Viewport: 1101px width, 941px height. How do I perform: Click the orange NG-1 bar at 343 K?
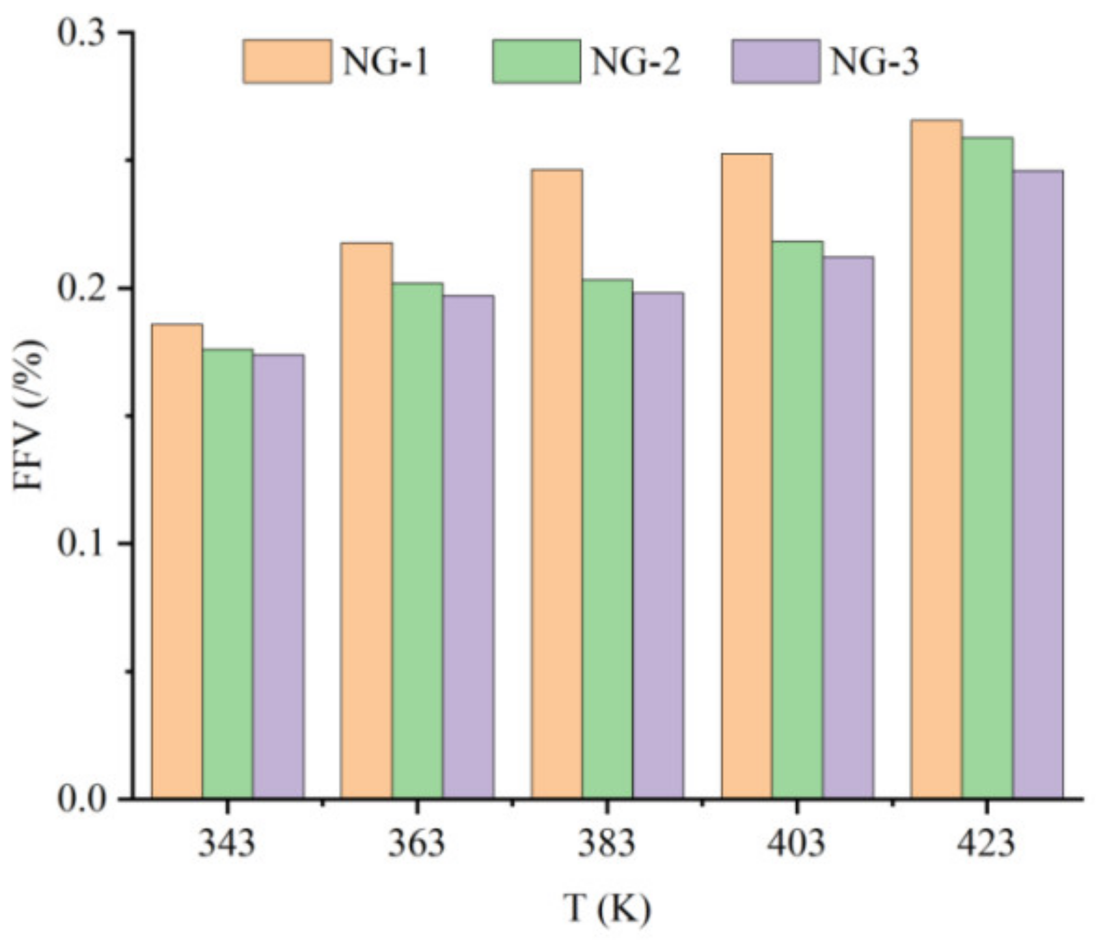[177, 560]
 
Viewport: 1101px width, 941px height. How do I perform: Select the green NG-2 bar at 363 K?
[418, 540]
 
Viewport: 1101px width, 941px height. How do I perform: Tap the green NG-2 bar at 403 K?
[798, 519]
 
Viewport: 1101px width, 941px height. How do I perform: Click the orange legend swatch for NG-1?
[287, 62]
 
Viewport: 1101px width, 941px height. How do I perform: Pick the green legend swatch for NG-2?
[536, 62]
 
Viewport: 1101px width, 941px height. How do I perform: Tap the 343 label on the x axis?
[227, 844]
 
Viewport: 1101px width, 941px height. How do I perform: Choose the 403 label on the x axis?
[796, 844]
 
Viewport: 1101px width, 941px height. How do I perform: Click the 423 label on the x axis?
[986, 844]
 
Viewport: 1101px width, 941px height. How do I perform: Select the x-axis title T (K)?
[607, 908]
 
